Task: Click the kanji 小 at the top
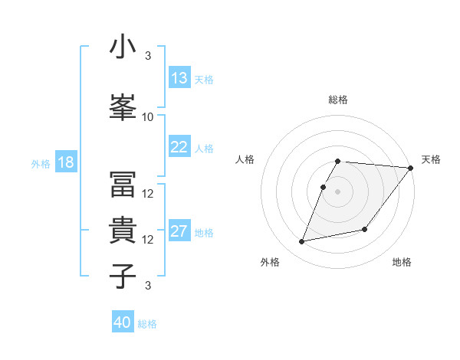pos(123,48)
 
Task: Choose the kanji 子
pos(123,276)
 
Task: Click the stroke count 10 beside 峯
pos(148,117)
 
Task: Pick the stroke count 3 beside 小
pos(148,56)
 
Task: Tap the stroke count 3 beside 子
pos(148,286)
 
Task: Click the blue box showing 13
pos(179,78)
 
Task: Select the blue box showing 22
pos(179,147)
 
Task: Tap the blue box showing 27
pos(179,231)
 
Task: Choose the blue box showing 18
pos(66,162)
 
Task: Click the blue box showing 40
pos(123,322)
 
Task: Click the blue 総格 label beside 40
pos(147,324)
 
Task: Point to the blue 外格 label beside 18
pos(41,163)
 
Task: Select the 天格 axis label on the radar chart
pos(431,159)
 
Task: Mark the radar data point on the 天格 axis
pos(410,168)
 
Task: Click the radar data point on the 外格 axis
pos(302,242)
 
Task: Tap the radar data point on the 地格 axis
pos(365,230)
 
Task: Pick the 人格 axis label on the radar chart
pos(245,159)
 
